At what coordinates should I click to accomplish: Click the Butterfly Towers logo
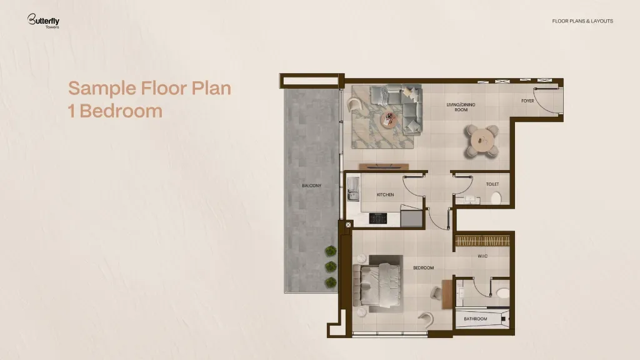pyautogui.click(x=43, y=21)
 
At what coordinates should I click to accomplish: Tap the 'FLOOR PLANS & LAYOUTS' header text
pyautogui.click(x=582, y=21)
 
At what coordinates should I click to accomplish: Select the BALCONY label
pyautogui.click(x=311, y=186)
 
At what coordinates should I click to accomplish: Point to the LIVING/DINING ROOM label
pyautogui.click(x=461, y=107)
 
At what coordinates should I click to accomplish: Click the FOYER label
pyautogui.click(x=527, y=101)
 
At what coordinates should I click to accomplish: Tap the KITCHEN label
pyautogui.click(x=385, y=195)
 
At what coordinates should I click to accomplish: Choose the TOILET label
pyautogui.click(x=492, y=184)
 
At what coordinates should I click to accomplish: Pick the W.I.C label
pyautogui.click(x=482, y=256)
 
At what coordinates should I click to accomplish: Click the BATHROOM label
pyautogui.click(x=476, y=319)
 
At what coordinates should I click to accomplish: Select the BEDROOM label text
pyautogui.click(x=423, y=267)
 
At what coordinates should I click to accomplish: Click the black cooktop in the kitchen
pyautogui.click(x=378, y=218)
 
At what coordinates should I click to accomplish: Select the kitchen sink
pyautogui.click(x=353, y=189)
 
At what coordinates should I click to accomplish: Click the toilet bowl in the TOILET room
pyautogui.click(x=496, y=198)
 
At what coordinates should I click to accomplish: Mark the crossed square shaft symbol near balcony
pyautogui.click(x=348, y=225)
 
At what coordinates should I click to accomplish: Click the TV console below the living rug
pyautogui.click(x=384, y=166)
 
